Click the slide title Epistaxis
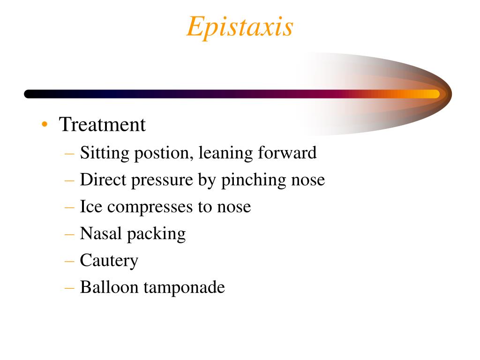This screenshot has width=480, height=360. tap(240, 27)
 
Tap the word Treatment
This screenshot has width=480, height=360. tap(102, 125)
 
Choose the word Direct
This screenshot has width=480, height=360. tap(102, 180)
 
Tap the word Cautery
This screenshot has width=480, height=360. tap(109, 260)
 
